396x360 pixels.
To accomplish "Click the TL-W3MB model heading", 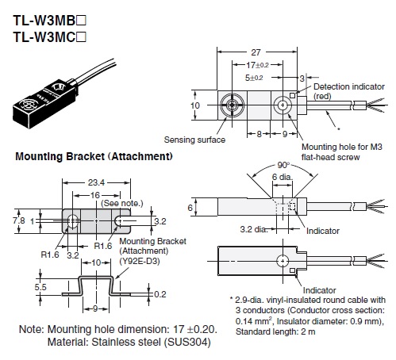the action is coord(49,21).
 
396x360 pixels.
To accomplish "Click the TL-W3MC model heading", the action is coord(49,36).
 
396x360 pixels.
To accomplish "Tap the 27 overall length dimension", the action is coord(256,52).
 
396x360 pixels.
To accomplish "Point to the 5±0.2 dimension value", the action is coord(254,78).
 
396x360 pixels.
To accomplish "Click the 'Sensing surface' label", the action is coord(194,140).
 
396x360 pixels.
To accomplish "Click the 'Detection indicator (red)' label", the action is coord(349,91).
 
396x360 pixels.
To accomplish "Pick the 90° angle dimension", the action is coord(283,165).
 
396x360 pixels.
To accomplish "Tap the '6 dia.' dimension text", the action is coord(283,177).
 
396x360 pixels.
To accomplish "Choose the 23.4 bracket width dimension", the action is coord(96,182).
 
